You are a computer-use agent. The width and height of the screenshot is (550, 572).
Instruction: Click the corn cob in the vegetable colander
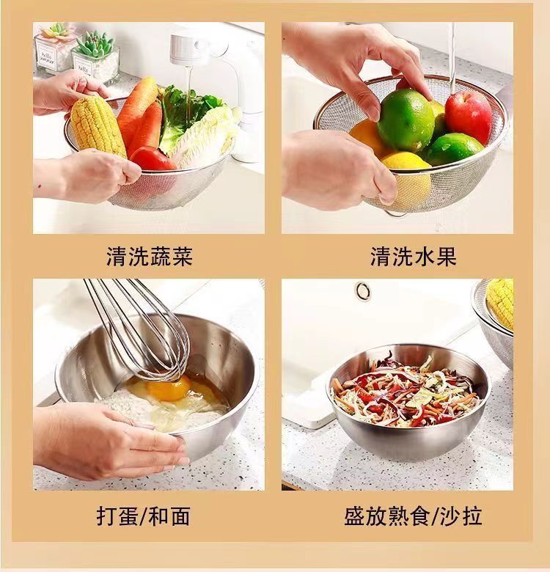[98, 125]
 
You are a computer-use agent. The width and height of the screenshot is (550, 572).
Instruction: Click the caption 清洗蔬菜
[149, 257]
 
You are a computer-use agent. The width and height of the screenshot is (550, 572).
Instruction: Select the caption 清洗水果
[413, 257]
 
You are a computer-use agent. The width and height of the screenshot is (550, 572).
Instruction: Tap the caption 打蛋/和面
[143, 516]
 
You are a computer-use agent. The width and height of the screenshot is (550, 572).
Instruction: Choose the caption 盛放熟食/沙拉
[413, 516]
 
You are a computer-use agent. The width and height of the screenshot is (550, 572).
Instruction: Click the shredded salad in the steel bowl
[408, 393]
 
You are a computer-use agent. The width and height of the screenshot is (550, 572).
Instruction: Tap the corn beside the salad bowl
[501, 302]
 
